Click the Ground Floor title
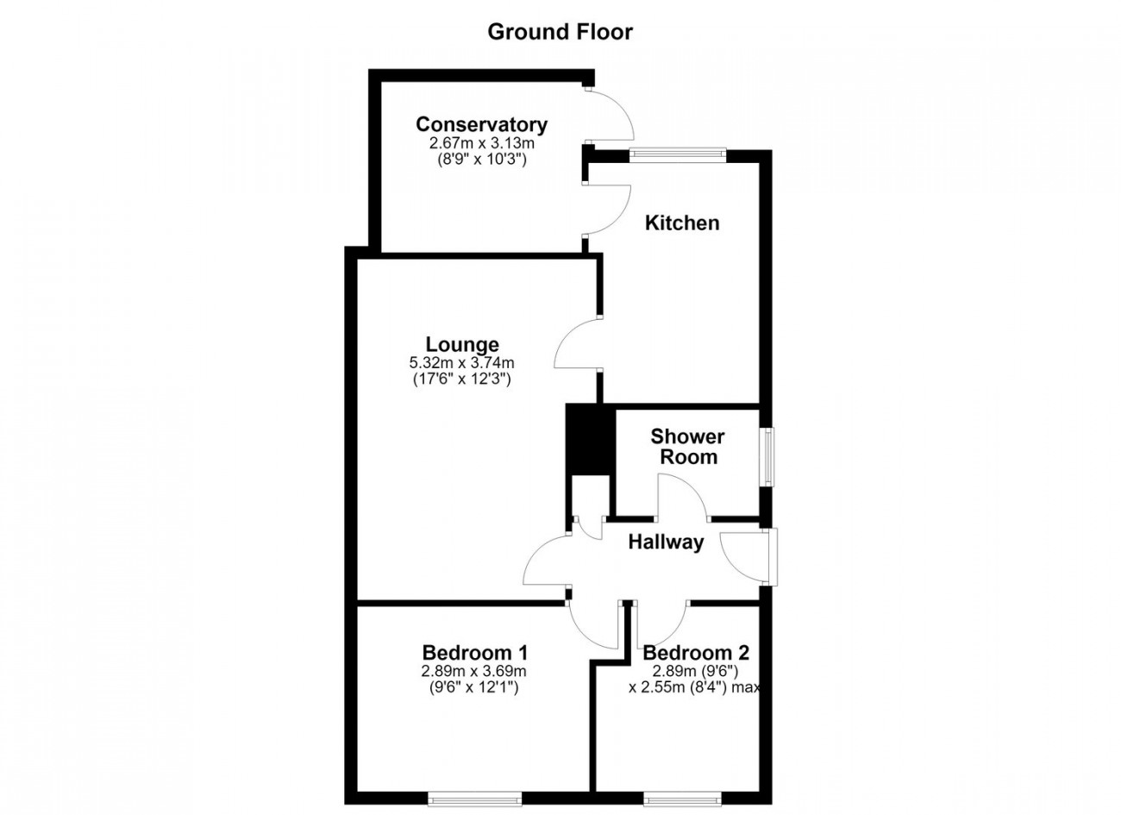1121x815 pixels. coord(560,33)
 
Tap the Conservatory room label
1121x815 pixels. coord(481,124)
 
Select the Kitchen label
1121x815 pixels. coord(682,223)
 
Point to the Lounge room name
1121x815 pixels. coord(462,345)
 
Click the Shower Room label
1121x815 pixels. coord(688,447)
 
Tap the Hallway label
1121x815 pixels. coord(666,542)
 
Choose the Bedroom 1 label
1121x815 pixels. coord(475,653)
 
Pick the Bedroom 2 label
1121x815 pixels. coord(696,653)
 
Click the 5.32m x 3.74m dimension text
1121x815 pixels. coord(462,362)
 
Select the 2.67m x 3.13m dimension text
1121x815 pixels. coord(482,144)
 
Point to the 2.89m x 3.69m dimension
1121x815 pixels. coord(474,671)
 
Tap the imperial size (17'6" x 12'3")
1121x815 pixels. coord(462,379)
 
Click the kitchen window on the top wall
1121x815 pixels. coord(678,154)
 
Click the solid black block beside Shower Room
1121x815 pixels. coord(591,439)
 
